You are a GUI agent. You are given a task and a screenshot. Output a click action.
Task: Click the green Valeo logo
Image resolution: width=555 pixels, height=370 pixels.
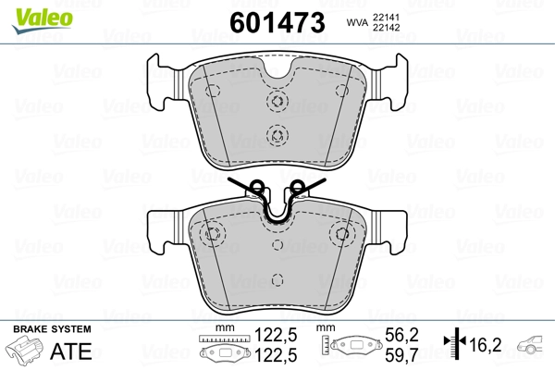pos(43,20)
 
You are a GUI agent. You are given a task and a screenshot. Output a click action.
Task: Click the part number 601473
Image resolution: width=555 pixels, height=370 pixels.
pos(277,22)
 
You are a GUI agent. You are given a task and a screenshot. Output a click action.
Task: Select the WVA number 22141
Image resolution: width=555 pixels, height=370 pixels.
pos(386,18)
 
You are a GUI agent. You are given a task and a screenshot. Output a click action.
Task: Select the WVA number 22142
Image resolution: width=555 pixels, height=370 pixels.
pos(386,28)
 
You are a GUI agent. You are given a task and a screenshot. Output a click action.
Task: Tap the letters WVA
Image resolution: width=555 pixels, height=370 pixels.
pos(357,22)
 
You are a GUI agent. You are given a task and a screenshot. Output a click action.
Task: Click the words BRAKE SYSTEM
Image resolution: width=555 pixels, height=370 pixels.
pos(52,329)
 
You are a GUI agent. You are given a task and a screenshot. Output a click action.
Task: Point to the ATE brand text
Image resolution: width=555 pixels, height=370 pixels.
pos(71,351)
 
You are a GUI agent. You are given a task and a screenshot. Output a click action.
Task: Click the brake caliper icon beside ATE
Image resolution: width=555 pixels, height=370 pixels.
pos(25,350)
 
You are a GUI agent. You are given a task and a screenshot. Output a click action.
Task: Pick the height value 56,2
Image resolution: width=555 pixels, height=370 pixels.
pos(401,335)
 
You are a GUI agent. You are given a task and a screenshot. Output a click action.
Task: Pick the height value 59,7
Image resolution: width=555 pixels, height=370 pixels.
pos(401,355)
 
